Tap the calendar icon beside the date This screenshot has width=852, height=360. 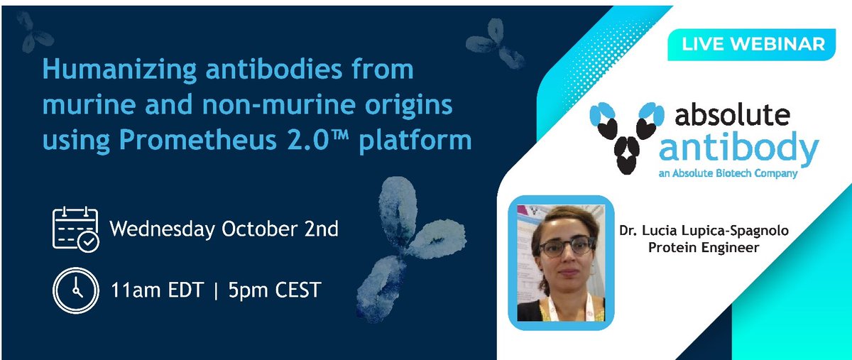pyautogui.click(x=75, y=229)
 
